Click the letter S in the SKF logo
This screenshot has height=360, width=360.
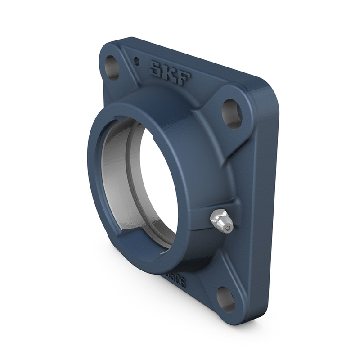tap(157, 69)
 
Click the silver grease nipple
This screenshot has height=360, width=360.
tap(221, 221)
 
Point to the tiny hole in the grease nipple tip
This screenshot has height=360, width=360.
tap(229, 229)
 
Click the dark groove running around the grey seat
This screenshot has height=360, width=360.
tap(130, 180)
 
